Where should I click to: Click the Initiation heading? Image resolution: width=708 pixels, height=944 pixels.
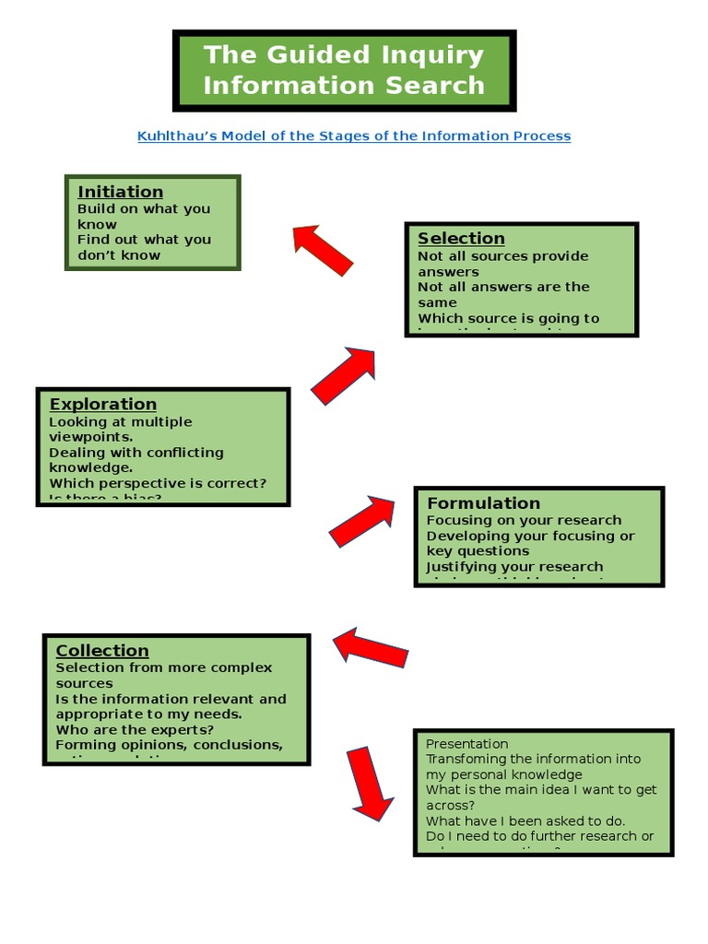coord(120,192)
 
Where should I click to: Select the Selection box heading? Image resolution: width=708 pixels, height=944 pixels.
coord(461,239)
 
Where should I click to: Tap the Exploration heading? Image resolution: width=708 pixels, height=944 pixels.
coord(102,404)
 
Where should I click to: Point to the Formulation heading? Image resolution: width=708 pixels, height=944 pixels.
coord(483,502)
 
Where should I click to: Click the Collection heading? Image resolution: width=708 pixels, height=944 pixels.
coord(101,651)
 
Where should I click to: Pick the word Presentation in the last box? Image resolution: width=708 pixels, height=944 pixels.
coord(466,743)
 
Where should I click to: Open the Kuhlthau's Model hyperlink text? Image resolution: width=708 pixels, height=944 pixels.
coord(354,136)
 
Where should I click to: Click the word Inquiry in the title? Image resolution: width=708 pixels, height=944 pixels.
coord(428,55)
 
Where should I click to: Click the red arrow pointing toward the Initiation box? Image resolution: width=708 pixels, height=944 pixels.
coord(323,250)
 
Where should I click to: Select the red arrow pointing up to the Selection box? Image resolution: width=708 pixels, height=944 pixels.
coord(343,375)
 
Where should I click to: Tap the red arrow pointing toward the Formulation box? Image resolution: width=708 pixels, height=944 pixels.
coord(360,521)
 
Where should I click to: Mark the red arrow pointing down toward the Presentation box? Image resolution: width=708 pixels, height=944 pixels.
coord(368,784)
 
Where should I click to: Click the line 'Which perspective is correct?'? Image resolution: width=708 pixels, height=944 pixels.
coord(157,483)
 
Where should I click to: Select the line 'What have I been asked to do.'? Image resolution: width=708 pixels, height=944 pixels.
coord(525,820)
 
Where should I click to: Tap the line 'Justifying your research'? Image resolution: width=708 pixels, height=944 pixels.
coord(514,567)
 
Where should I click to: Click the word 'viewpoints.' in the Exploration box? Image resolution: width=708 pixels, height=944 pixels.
coord(90,437)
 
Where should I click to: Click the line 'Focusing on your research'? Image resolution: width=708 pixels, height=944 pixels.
coord(524,520)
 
